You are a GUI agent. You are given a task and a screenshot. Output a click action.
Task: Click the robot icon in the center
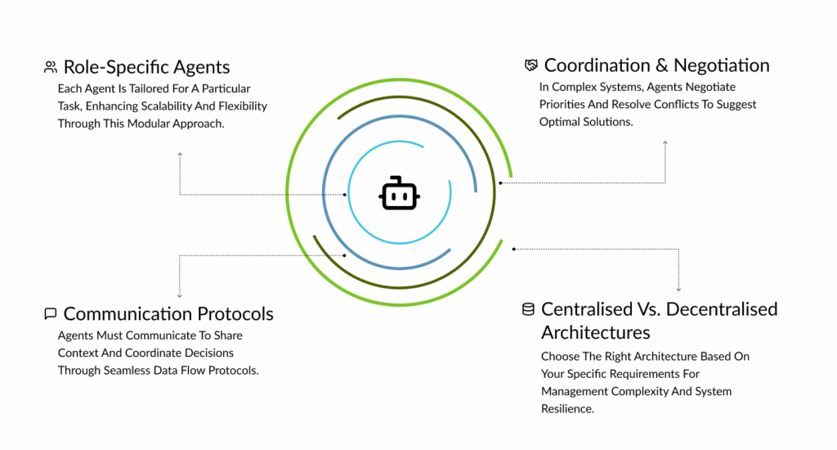tap(399, 194)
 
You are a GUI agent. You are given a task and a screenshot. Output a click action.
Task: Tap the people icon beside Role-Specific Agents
tap(51, 67)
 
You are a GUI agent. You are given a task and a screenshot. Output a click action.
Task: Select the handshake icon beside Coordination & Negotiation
tap(531, 65)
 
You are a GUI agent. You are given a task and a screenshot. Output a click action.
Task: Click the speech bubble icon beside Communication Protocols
tap(51, 313)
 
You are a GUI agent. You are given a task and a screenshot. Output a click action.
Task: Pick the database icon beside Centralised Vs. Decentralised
tap(528, 309)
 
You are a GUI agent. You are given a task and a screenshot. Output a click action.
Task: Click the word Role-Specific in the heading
tap(108, 67)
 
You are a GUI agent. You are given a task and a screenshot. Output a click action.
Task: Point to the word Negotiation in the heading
tap(722, 65)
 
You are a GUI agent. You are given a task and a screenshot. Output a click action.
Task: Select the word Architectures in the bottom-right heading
tap(596, 332)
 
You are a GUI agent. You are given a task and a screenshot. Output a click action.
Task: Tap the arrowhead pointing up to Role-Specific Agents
tap(180, 154)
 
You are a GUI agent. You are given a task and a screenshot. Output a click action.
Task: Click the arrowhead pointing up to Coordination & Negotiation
tap(665, 143)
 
